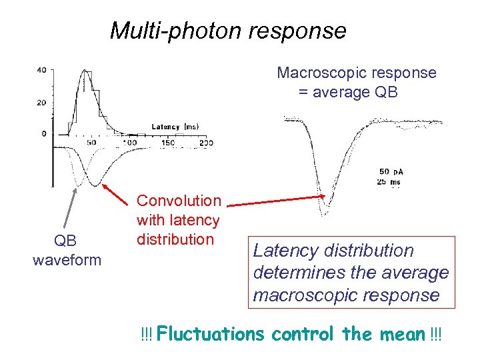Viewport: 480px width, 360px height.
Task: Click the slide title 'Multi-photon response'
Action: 228,31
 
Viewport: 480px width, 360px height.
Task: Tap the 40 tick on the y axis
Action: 41,70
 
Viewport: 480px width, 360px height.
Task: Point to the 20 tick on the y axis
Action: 41,102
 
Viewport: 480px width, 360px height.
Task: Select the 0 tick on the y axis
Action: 44,133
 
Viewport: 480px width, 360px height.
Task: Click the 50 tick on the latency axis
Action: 91,143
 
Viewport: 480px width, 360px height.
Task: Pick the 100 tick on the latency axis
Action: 129,143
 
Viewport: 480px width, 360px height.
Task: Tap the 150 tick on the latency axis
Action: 168,143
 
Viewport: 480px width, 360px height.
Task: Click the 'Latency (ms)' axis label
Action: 175,127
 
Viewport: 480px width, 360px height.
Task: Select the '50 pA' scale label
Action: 391,172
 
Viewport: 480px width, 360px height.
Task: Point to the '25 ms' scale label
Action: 390,181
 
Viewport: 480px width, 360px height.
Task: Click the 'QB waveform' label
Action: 67,249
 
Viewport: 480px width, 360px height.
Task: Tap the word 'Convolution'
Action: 179,201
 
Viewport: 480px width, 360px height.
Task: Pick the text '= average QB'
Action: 347,92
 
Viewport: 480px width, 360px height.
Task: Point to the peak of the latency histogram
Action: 84,71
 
